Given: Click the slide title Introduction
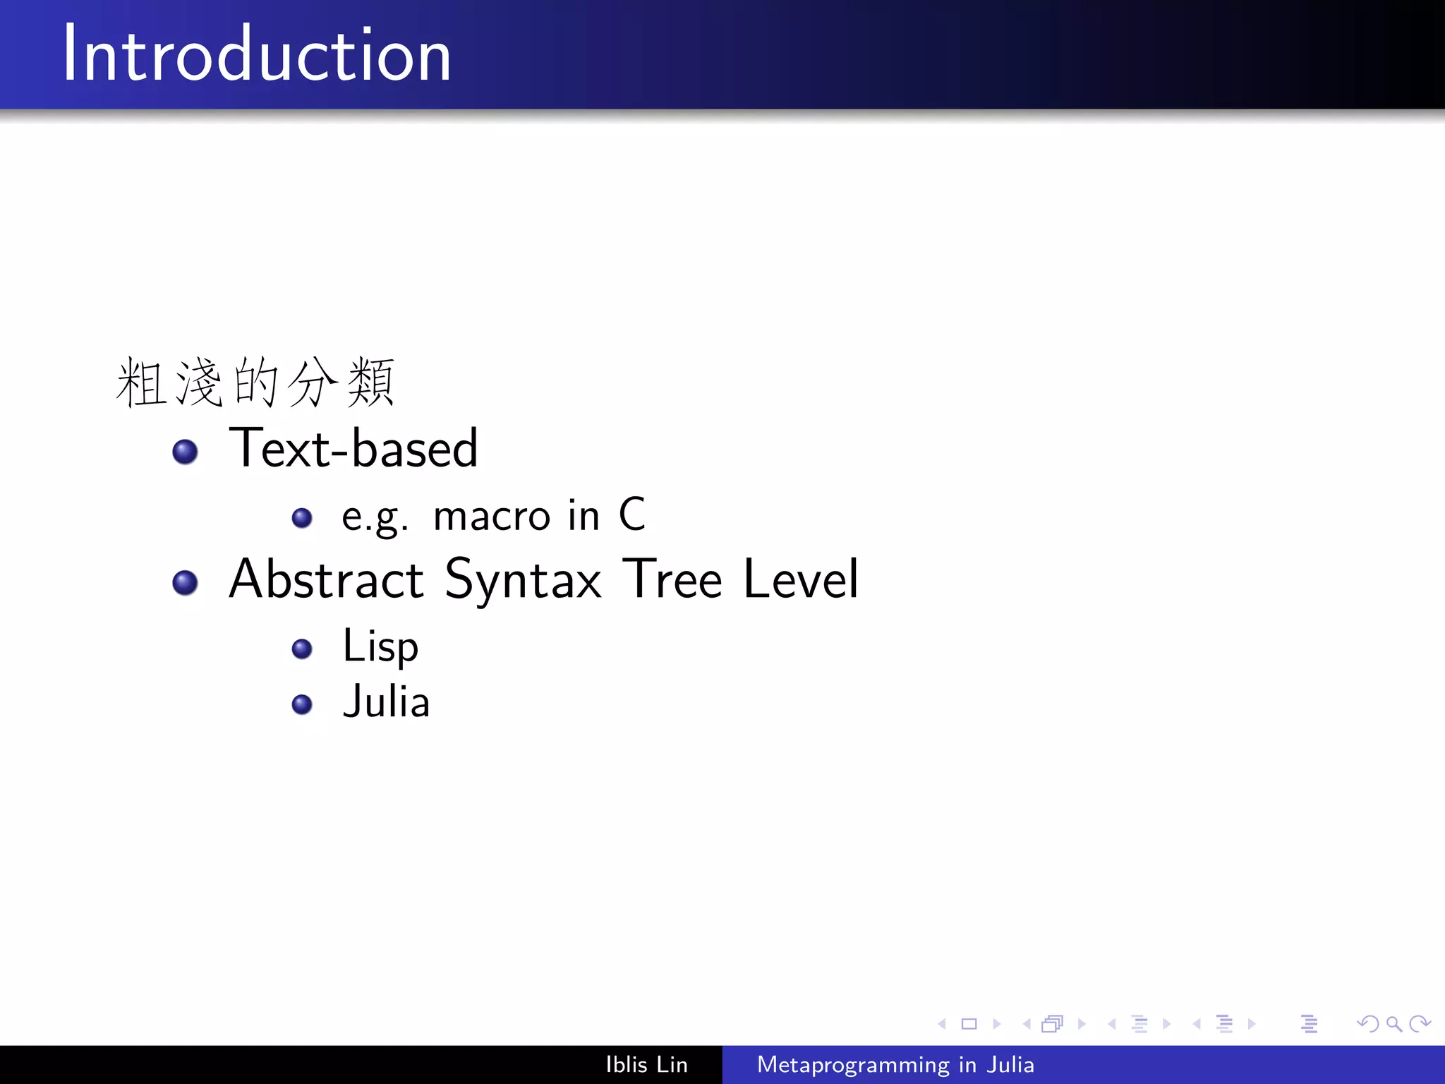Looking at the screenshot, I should click(x=256, y=55).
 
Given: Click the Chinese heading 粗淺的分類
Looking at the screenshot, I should click(x=255, y=383).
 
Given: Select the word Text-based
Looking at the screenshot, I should click(x=353, y=449).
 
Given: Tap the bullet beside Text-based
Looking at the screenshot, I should click(x=185, y=452).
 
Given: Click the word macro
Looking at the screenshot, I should click(x=491, y=516).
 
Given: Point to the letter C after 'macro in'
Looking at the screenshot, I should click(x=632, y=514).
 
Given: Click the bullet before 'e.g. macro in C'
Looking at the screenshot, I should click(x=302, y=518).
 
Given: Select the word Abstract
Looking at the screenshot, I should click(x=326, y=579).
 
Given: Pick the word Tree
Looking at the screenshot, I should click(x=675, y=579).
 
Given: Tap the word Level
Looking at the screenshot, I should click(x=801, y=579).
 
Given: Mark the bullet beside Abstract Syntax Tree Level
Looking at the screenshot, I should click(x=185, y=583).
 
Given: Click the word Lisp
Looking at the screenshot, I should click(x=380, y=646).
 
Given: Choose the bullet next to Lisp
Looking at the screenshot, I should click(x=302, y=649).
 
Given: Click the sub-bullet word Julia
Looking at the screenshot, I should click(x=386, y=702).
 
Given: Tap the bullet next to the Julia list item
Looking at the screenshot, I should click(x=302, y=704).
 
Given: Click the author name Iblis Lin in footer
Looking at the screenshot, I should click(x=646, y=1064).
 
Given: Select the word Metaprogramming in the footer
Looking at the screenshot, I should click(x=853, y=1065).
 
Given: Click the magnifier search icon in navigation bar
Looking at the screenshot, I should click(x=1393, y=1023).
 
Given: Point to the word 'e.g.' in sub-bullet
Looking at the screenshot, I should click(x=374, y=517).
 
